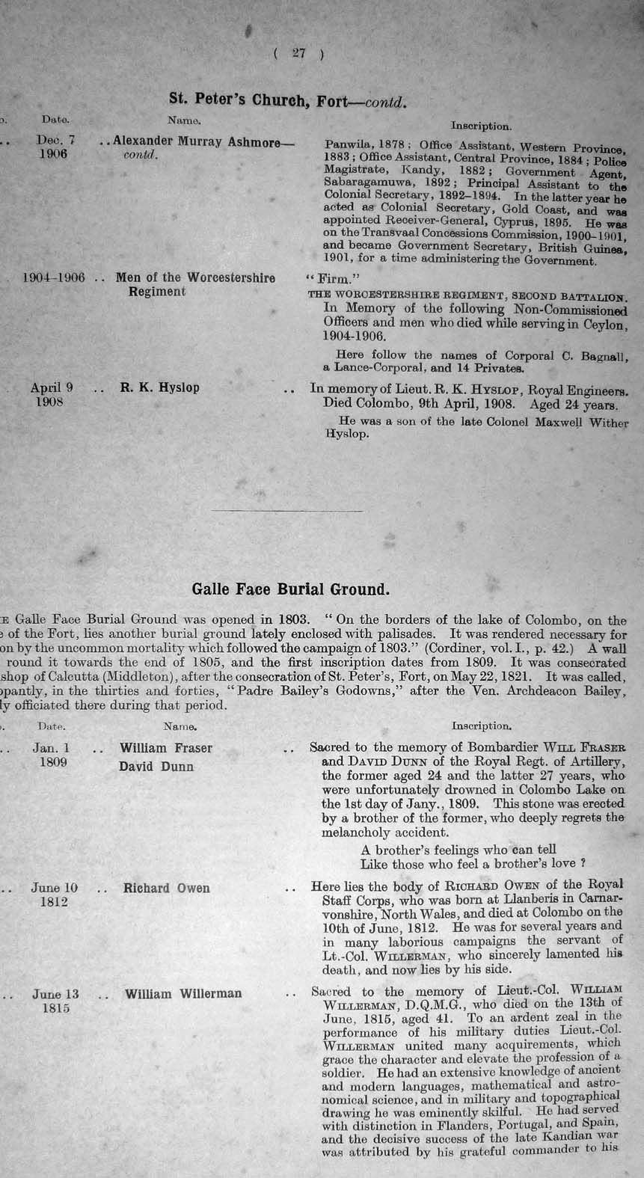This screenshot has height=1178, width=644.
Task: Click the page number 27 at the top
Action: pyautogui.click(x=299, y=53)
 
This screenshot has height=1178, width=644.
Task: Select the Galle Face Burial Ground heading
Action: pyautogui.click(x=291, y=589)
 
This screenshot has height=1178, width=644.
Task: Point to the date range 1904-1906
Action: pyautogui.click(x=54, y=278)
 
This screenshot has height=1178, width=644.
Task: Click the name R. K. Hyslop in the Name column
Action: pyautogui.click(x=160, y=388)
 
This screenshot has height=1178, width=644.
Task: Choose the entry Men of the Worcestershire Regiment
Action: pyautogui.click(x=194, y=284)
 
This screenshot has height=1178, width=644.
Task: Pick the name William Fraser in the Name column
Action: pyautogui.click(x=166, y=748)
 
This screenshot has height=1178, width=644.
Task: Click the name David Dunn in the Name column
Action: pyautogui.click(x=156, y=767)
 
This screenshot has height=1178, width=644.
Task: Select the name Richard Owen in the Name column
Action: pyautogui.click(x=167, y=889)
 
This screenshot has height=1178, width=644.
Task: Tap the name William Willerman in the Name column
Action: pyautogui.click(x=183, y=994)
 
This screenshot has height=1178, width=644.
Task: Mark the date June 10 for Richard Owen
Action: pyautogui.click(x=55, y=888)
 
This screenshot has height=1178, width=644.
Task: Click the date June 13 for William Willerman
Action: pyautogui.click(x=55, y=994)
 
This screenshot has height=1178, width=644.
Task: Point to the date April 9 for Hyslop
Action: pyautogui.click(x=52, y=387)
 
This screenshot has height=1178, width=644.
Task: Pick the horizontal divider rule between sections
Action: pyautogui.click(x=288, y=511)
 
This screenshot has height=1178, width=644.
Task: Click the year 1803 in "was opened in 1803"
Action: pyautogui.click(x=292, y=619)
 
